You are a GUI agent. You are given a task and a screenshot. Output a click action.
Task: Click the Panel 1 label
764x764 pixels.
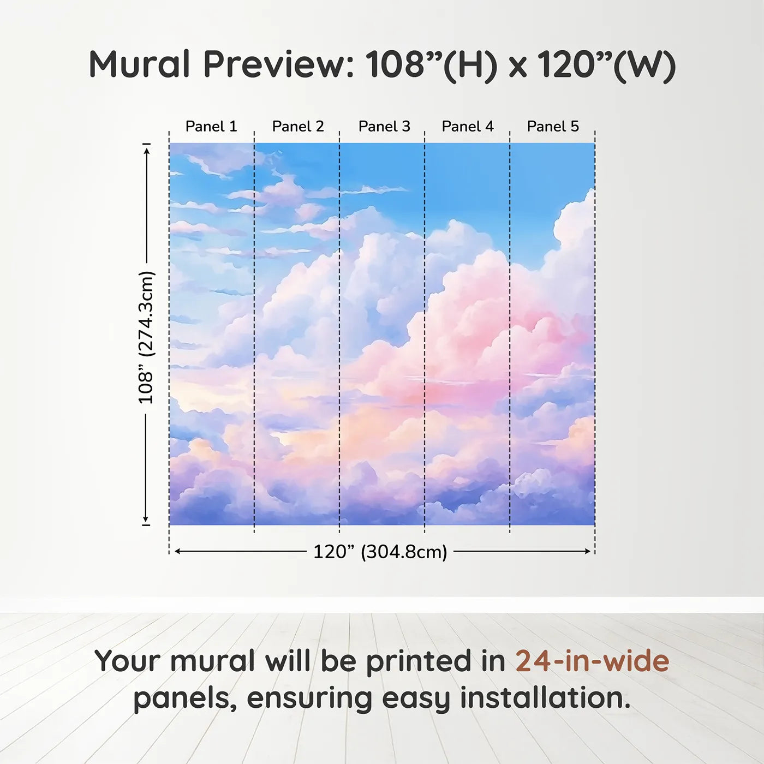coord(211,127)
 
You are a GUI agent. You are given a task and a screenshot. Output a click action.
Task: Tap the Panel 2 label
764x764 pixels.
coord(298,127)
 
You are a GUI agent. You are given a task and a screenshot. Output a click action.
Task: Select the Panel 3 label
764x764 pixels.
coord(384,127)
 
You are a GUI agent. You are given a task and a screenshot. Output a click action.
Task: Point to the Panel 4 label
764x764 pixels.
coord(468,127)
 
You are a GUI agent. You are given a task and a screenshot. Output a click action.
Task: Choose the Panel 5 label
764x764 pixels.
coord(553,127)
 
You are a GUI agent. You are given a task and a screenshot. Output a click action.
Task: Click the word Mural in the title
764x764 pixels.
coord(140,64)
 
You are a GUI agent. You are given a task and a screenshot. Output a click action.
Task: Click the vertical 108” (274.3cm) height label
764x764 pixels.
coord(146,338)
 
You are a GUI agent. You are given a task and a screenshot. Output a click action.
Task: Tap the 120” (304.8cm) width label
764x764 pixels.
coord(380,552)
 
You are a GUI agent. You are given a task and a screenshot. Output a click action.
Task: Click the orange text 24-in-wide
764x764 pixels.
coord(592,661)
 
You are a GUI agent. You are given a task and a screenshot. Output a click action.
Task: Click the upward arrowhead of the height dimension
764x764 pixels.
coord(147,151)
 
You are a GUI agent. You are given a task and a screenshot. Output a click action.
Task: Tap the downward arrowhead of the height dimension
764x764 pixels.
coord(146,518)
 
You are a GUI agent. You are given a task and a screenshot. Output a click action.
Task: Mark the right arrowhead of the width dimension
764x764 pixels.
coord(587,552)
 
